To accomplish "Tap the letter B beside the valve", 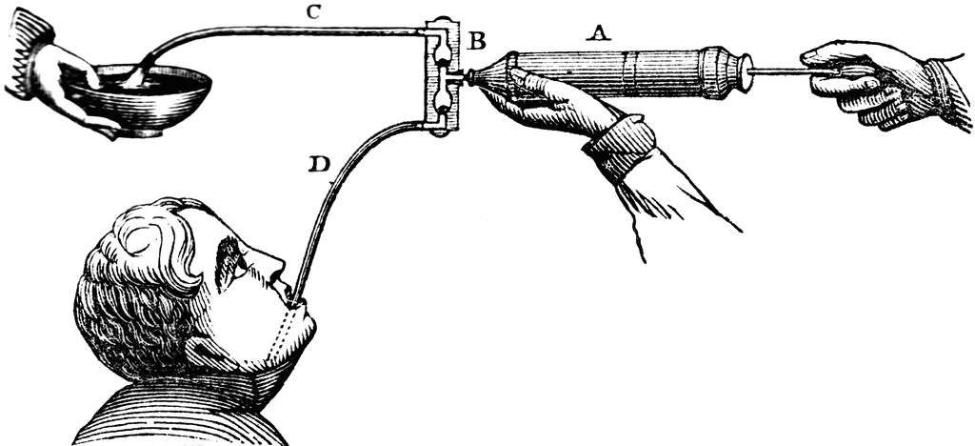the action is coord(477,43).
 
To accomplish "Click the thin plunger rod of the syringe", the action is coord(781,71).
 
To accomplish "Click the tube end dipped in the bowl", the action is coord(138,76).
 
